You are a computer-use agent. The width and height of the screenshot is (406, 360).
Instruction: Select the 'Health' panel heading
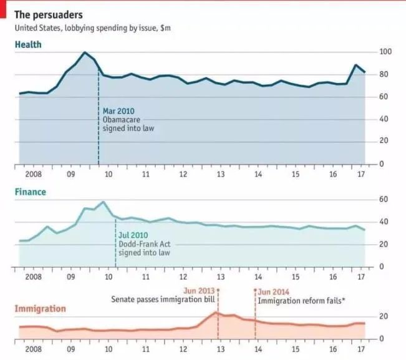click(x=29, y=45)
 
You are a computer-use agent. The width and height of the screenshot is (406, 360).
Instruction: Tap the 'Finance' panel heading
click(x=31, y=192)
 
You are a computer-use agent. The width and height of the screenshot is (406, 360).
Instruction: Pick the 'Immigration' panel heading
click(x=40, y=309)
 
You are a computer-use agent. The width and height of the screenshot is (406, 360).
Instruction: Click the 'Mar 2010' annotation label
click(x=118, y=111)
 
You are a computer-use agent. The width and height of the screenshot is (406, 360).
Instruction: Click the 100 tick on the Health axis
click(x=385, y=52)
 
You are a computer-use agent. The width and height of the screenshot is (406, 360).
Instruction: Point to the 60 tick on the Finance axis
click(x=385, y=199)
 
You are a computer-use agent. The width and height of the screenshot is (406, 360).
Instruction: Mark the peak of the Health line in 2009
click(x=85, y=52)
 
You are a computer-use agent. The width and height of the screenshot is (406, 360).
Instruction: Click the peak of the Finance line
click(x=104, y=202)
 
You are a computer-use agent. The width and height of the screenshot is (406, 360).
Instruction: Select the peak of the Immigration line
click(x=216, y=312)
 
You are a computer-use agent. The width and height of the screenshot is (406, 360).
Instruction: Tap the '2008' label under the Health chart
click(x=33, y=175)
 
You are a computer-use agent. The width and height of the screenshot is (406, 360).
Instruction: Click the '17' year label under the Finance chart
click(x=360, y=277)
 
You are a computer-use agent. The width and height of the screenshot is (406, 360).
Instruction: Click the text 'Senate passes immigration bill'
click(x=163, y=300)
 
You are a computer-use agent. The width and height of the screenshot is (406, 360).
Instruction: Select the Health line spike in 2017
click(x=356, y=65)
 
